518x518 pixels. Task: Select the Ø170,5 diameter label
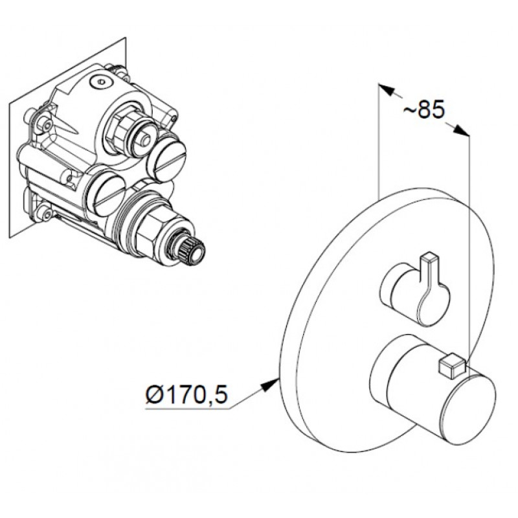pyautogui.click(x=186, y=394)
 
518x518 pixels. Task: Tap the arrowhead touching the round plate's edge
pyautogui.click(x=270, y=385)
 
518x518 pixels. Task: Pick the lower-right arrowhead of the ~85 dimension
pyautogui.click(x=460, y=130)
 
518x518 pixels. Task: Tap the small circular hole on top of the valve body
pyautogui.click(x=99, y=82)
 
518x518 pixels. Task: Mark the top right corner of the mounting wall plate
pyautogui.click(x=126, y=38)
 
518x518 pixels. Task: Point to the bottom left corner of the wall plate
pyautogui.click(x=10, y=238)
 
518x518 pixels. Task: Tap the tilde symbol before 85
pyautogui.click(x=410, y=110)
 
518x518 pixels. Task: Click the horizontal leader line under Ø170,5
pyautogui.click(x=188, y=409)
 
